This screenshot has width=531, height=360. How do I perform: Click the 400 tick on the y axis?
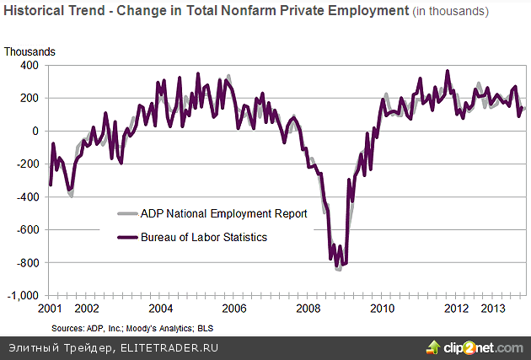[x=31, y=65]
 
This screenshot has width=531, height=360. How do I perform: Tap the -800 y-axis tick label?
[x=29, y=263]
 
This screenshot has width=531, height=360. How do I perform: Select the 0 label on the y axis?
[x=36, y=131]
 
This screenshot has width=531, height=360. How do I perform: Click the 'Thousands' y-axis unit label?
[x=29, y=51]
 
